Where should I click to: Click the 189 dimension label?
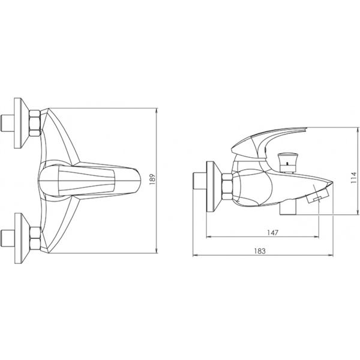point(152,179)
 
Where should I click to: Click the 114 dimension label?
point(354,177)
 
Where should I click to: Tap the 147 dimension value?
point(272,233)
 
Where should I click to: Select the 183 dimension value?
point(260,251)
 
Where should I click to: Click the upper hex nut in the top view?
point(35,123)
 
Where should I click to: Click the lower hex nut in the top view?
point(35,238)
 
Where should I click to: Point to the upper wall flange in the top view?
point(21,123)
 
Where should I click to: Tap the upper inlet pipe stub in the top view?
point(7,123)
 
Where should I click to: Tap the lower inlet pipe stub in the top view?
point(8,238)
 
